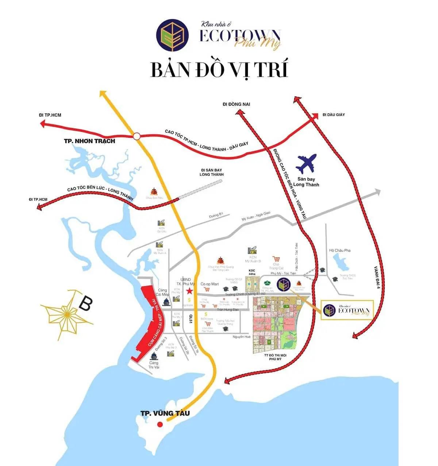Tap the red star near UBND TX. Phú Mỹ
(x=189, y=291)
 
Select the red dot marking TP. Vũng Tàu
(x=160, y=424)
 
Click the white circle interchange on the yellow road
(x=137, y=136)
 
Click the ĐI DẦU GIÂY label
(x=334, y=115)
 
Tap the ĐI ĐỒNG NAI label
(x=236, y=104)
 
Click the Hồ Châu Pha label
(x=339, y=250)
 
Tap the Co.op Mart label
(x=210, y=284)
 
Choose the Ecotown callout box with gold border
(x=347, y=310)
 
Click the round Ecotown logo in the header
(x=173, y=35)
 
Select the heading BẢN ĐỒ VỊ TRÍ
(x=219, y=70)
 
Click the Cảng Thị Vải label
(x=154, y=365)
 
